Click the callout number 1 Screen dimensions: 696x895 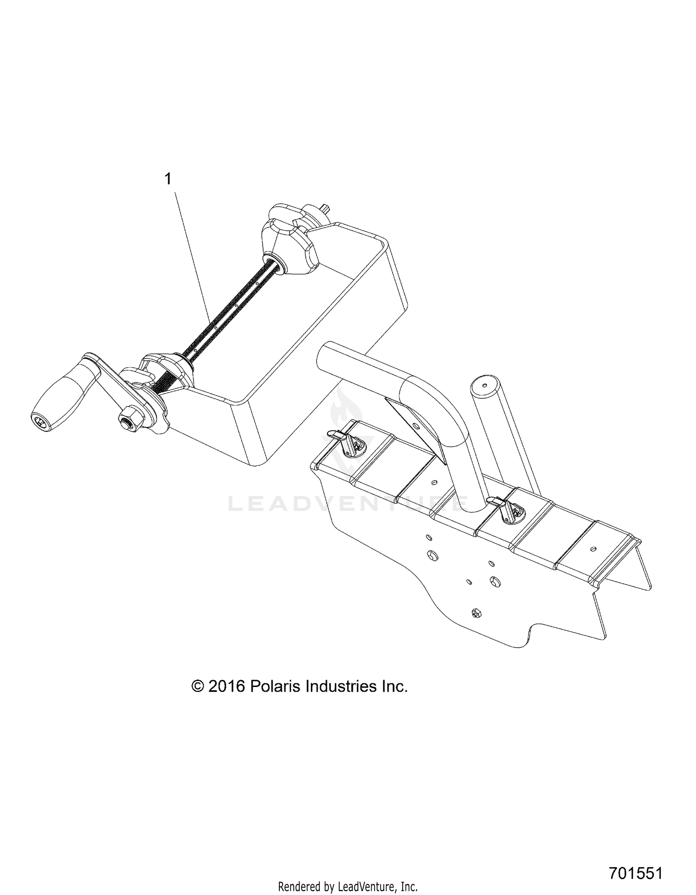tap(168, 179)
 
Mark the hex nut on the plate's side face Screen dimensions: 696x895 tap(475, 613)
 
